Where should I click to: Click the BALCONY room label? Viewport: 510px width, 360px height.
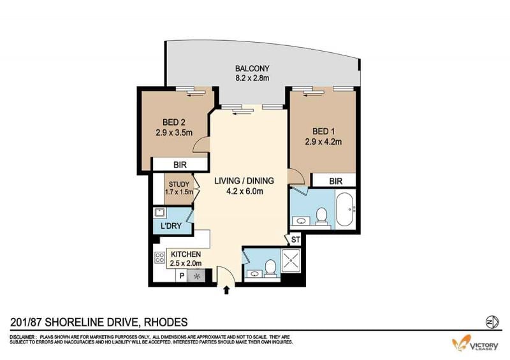(252, 69)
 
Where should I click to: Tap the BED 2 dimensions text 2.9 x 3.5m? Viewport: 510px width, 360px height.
(174, 133)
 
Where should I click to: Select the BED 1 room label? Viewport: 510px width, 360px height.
(323, 131)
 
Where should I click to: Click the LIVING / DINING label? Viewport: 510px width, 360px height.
(244, 181)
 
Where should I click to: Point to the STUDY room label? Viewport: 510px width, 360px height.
(179, 184)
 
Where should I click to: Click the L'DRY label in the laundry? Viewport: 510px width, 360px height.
(171, 226)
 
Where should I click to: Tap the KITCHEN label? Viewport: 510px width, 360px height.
(186, 254)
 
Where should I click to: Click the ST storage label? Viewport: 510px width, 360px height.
(295, 240)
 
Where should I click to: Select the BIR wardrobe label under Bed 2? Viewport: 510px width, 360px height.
(180, 165)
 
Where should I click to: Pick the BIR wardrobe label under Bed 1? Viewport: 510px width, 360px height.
(336, 181)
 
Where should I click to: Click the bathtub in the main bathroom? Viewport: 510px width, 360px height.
(346, 210)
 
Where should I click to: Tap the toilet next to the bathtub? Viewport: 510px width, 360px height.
(321, 217)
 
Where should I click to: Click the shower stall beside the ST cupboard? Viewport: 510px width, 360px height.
(291, 261)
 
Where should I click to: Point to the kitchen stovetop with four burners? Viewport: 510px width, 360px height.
(160, 258)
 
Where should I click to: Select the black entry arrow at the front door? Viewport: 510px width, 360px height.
(227, 290)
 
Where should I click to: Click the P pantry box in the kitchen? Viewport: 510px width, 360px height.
(182, 276)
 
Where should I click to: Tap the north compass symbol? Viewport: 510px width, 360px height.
(492, 322)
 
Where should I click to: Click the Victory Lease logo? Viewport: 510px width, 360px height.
(475, 343)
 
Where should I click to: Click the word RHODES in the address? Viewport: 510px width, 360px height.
(166, 322)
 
